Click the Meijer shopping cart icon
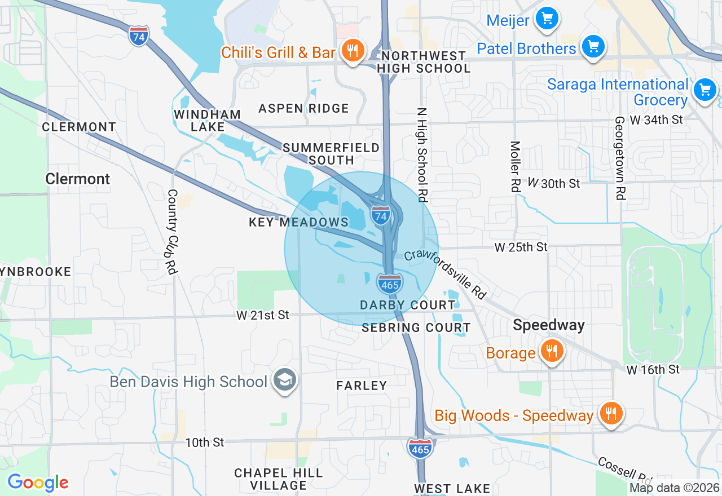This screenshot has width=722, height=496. [x=546, y=19]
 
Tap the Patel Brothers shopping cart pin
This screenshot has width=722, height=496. [x=593, y=46]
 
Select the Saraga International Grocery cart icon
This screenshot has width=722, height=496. [x=704, y=90]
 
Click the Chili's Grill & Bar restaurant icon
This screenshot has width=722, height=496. [x=353, y=51]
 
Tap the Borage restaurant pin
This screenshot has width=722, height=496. [x=551, y=351]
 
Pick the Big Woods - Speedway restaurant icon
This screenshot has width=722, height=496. [x=610, y=414]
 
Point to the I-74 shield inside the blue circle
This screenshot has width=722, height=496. [x=381, y=215]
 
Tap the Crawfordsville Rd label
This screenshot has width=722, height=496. [x=445, y=274]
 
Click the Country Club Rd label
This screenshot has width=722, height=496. [x=172, y=232]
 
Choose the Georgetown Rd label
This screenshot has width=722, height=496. [x=619, y=158]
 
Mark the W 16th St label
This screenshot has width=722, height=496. [x=653, y=369]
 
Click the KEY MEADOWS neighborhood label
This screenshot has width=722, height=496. [x=298, y=222]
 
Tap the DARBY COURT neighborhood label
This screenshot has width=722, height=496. [x=407, y=305]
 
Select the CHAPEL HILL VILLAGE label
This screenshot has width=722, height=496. [x=278, y=479]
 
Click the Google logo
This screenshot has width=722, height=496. [x=38, y=482]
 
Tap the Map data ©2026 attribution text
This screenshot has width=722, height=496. [x=674, y=488]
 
